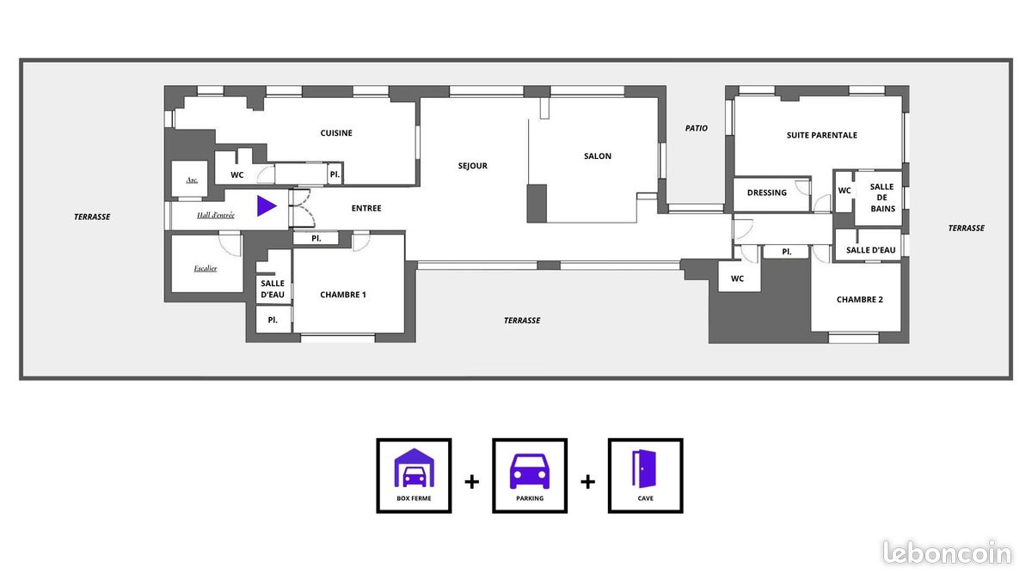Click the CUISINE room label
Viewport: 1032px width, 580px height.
click(336, 133)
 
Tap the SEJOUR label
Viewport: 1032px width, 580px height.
click(472, 166)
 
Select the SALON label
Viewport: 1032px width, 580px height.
click(598, 156)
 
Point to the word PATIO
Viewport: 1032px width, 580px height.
click(697, 128)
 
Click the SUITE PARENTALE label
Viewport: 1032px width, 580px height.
click(821, 135)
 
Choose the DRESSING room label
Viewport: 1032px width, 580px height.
click(766, 192)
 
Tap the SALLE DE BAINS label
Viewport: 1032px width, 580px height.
click(881, 198)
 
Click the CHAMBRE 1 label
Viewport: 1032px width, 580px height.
click(343, 295)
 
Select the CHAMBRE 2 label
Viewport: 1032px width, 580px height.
click(859, 300)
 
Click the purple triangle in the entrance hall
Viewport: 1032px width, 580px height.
click(266, 206)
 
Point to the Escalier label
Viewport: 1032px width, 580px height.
click(206, 268)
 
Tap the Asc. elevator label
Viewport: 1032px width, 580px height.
click(192, 180)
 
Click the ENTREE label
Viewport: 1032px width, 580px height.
click(366, 208)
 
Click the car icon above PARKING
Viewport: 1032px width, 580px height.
click(530, 471)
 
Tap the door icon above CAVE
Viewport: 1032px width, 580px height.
click(645, 469)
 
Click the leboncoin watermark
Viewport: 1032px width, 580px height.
click(947, 553)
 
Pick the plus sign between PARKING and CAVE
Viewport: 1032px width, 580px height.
click(587, 481)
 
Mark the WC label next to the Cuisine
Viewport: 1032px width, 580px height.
click(236, 174)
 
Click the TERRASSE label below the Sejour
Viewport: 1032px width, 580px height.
click(522, 321)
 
